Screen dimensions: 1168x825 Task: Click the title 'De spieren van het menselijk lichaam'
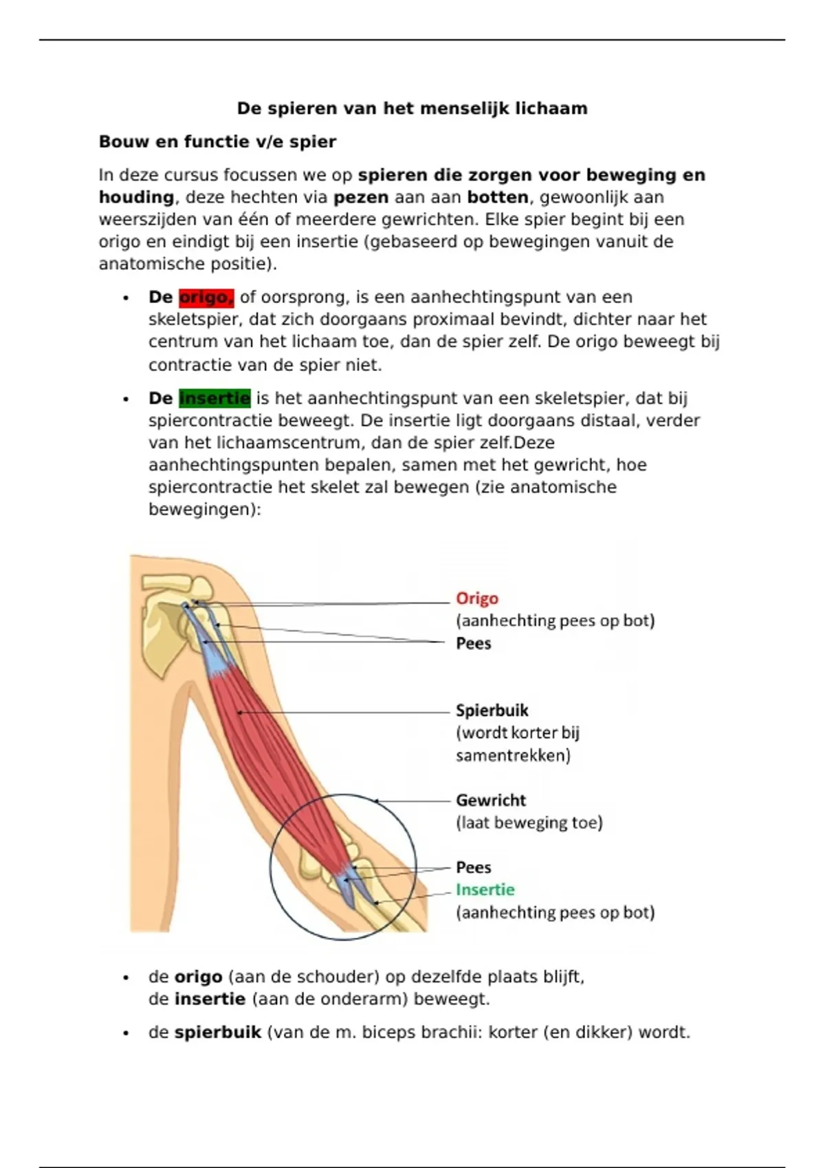[x=412, y=109]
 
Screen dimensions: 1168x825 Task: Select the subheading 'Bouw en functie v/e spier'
[x=217, y=142]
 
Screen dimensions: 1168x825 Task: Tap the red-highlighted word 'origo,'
[x=206, y=297]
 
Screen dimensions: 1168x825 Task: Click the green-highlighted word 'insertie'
[x=214, y=398]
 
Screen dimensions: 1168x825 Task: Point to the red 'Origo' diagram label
[x=477, y=599]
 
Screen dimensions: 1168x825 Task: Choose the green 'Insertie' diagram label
[x=485, y=890]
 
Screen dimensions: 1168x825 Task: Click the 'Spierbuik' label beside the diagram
[x=492, y=710]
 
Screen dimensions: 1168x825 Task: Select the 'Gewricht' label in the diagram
[x=491, y=800]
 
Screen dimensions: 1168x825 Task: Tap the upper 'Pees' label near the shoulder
[x=474, y=644]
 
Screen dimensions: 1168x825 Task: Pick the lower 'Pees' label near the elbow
[x=474, y=867]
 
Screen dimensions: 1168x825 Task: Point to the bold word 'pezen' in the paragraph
[x=361, y=198]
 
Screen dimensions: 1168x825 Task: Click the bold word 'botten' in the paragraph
[x=498, y=198]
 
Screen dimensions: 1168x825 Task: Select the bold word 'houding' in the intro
[x=136, y=198]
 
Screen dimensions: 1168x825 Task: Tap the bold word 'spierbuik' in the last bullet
[x=218, y=1033]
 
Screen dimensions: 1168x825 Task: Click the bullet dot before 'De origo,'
[x=126, y=298]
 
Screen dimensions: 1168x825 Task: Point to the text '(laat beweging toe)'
[x=529, y=823]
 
